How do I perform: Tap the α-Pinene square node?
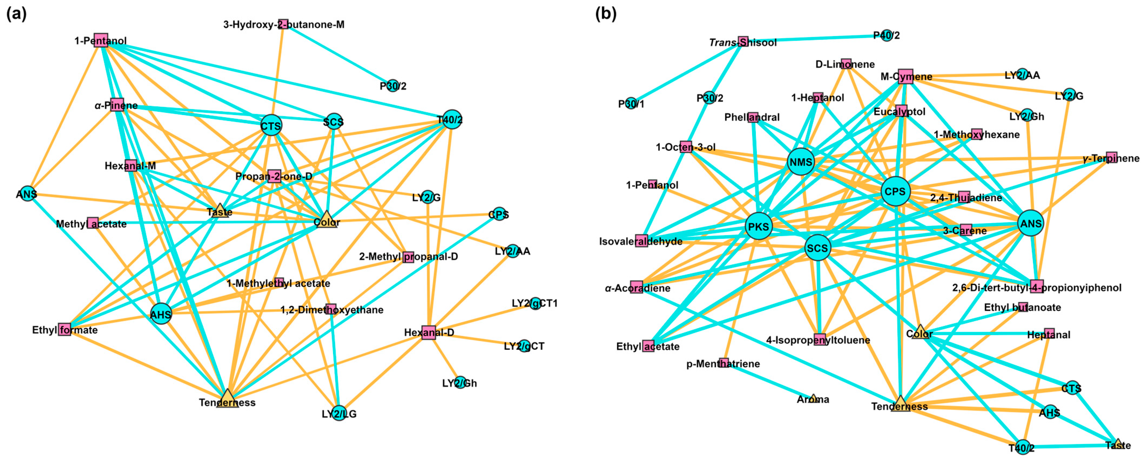(117, 105)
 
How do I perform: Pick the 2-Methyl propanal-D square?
(408, 257)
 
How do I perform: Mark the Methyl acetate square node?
(93, 223)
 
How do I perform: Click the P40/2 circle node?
(886, 35)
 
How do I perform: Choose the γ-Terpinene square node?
(1111, 157)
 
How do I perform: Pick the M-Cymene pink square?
(906, 76)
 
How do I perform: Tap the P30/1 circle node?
(630, 104)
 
